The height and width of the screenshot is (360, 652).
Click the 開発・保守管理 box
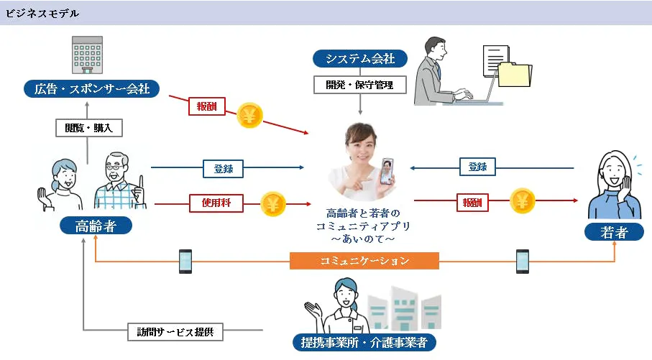[x=360, y=85]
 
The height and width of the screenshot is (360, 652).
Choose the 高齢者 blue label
[x=96, y=227]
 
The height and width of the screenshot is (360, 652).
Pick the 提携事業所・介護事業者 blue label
[x=365, y=342]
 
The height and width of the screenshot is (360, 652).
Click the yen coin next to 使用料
[x=273, y=204]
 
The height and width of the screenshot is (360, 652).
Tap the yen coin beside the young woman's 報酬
[x=523, y=202]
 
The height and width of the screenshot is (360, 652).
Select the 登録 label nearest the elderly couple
[x=223, y=169]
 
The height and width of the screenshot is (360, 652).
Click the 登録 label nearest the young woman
[x=477, y=167]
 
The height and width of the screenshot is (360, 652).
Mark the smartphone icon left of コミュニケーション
[x=185, y=261]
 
